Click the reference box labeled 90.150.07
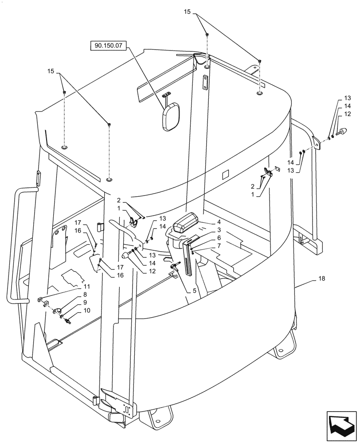[109, 45]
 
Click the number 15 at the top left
[51, 70]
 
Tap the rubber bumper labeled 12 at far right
[342, 131]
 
